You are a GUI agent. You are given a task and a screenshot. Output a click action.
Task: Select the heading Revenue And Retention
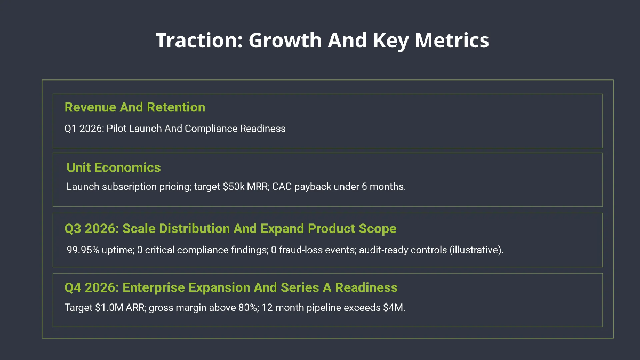pos(134,107)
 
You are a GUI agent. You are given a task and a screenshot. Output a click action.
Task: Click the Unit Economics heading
pos(114,167)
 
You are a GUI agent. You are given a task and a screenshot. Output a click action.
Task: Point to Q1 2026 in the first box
pos(83,129)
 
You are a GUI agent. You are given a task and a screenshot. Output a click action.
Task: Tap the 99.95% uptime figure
pos(85,250)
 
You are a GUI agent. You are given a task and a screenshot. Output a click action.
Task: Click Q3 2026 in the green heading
pos(91,229)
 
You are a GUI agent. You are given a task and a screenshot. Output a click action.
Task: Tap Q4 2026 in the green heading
pos(91,288)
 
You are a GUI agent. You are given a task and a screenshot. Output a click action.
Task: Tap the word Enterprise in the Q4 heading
pos(153,288)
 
